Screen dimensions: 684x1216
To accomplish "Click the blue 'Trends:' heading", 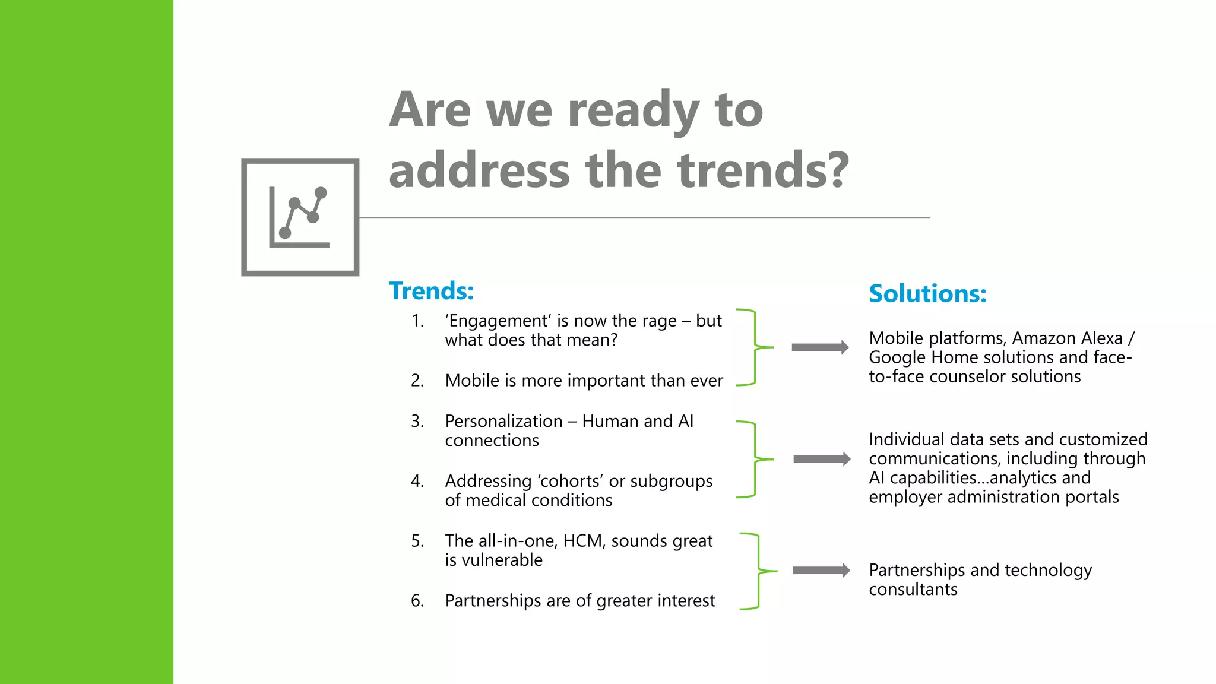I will (431, 291).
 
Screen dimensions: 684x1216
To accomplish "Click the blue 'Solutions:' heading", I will (927, 293).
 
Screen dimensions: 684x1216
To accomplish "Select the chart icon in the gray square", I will (300, 217).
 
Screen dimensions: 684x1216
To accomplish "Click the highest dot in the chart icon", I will (321, 192).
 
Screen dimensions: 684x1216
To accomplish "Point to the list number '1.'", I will (417, 321).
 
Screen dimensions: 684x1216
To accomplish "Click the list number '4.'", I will (417, 481).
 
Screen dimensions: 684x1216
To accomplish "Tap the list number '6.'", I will (417, 601).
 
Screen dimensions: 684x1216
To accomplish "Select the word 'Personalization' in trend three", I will (503, 421).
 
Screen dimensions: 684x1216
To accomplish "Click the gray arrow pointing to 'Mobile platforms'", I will (820, 347).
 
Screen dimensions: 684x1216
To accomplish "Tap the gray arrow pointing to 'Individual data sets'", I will (821, 459).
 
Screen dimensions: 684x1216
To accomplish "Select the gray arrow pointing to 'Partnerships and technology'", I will (821, 571).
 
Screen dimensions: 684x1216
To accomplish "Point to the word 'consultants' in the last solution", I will (913, 590).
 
